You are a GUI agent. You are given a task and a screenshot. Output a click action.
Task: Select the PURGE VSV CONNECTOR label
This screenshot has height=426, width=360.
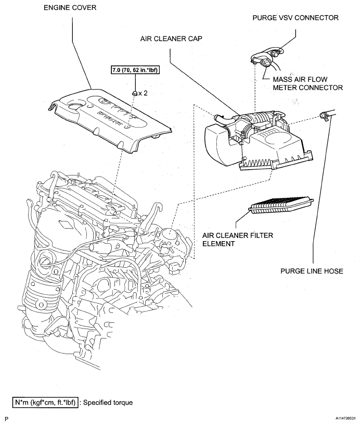click(x=295, y=17)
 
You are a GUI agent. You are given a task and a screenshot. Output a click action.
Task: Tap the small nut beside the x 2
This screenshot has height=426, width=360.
click(x=135, y=94)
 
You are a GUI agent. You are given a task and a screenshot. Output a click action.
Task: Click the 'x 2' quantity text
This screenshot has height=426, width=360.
click(x=144, y=94)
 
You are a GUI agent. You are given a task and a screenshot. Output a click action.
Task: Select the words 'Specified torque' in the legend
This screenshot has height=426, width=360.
click(x=109, y=402)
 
